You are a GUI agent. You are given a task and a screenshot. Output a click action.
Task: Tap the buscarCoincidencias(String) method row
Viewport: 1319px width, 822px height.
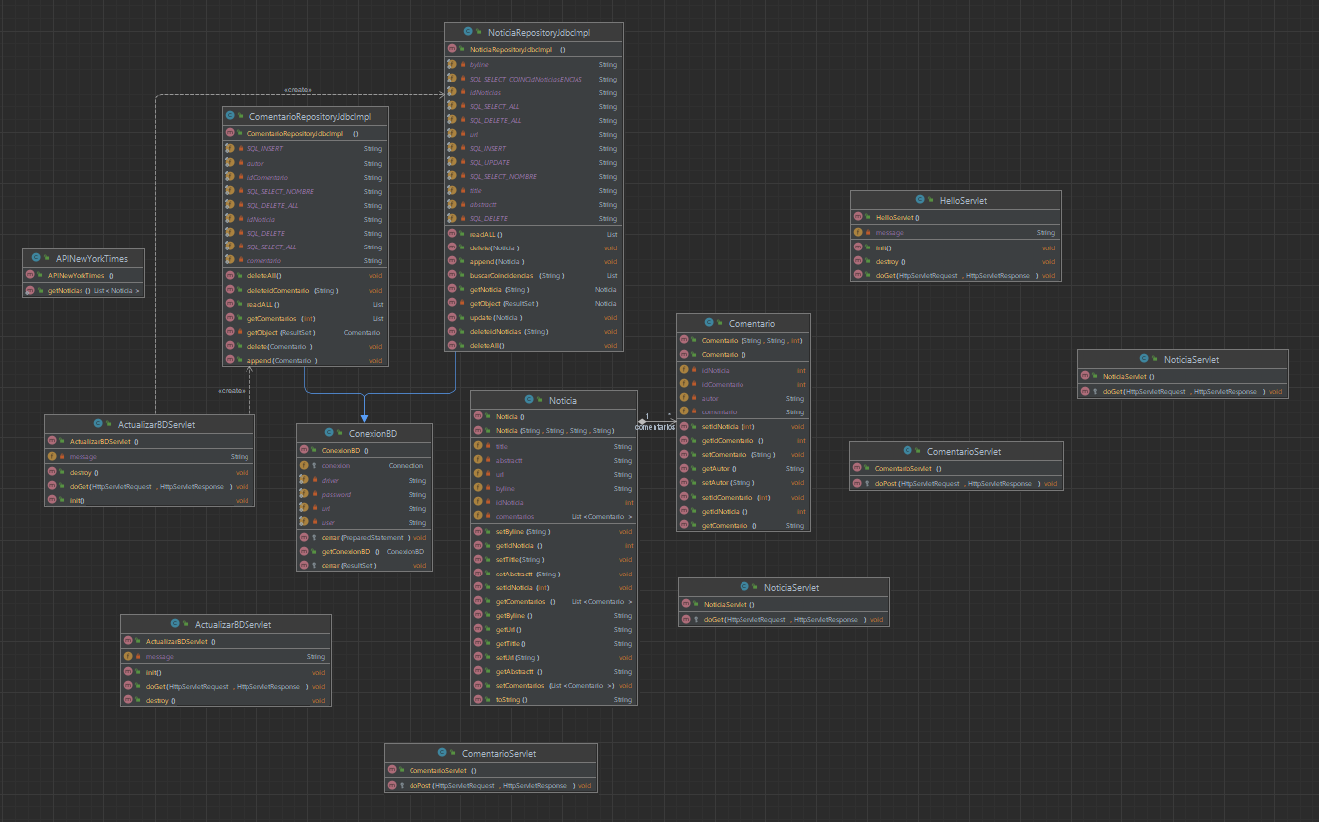516,275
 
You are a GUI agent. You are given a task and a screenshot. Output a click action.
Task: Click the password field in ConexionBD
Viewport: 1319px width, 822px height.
337,494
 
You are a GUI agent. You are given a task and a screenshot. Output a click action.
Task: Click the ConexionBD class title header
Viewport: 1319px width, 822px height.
365,434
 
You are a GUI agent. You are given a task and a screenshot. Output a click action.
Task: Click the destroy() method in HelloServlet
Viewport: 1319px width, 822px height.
889,261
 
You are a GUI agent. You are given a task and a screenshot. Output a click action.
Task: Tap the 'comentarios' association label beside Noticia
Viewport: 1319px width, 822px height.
656,426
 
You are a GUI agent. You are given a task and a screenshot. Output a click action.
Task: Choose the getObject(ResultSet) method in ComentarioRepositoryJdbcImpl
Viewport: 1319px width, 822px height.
281,332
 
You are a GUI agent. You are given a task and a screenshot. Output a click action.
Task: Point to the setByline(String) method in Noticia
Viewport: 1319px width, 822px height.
523,532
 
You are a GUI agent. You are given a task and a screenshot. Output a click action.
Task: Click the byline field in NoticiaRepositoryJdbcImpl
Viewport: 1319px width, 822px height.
479,64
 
